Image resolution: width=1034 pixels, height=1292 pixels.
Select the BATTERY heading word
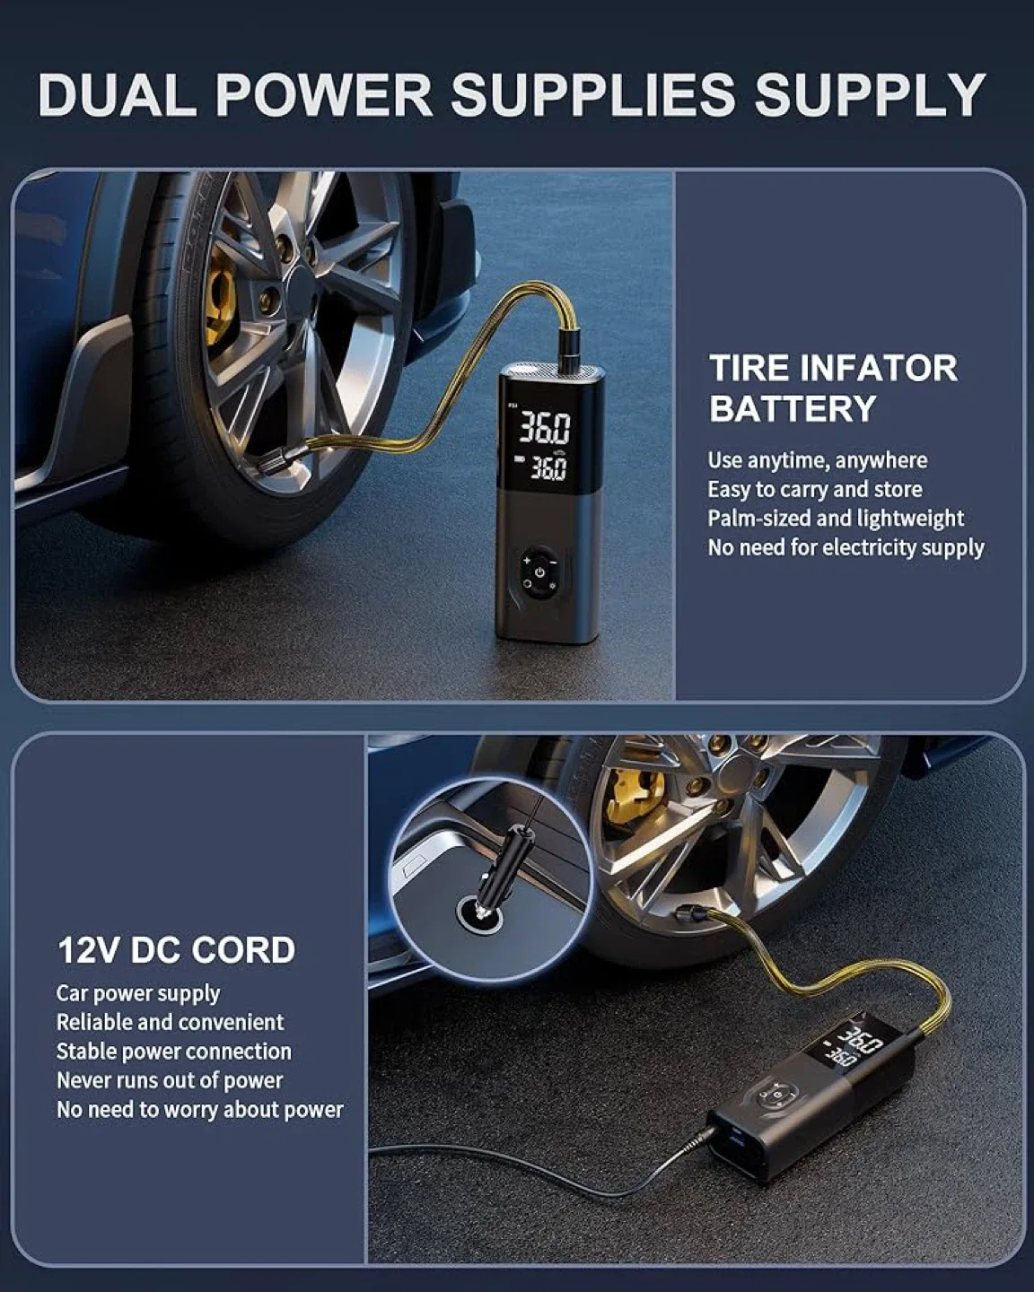[x=792, y=409]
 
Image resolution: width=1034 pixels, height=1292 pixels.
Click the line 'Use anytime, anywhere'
[x=817, y=460]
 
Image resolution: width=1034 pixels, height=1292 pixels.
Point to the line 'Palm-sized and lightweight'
[x=835, y=519]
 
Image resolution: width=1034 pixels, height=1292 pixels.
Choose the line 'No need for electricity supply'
[x=846, y=547]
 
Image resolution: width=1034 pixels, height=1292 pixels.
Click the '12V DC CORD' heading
[x=176, y=950]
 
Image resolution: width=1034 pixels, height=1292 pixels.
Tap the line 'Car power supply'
[x=137, y=993]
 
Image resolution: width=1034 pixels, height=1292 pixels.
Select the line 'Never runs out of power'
[x=169, y=1080]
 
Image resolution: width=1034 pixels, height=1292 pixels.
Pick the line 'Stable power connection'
[x=173, y=1052]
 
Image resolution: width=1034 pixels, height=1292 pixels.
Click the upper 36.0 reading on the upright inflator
[x=545, y=430]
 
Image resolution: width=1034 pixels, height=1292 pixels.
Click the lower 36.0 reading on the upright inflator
[x=547, y=468]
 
